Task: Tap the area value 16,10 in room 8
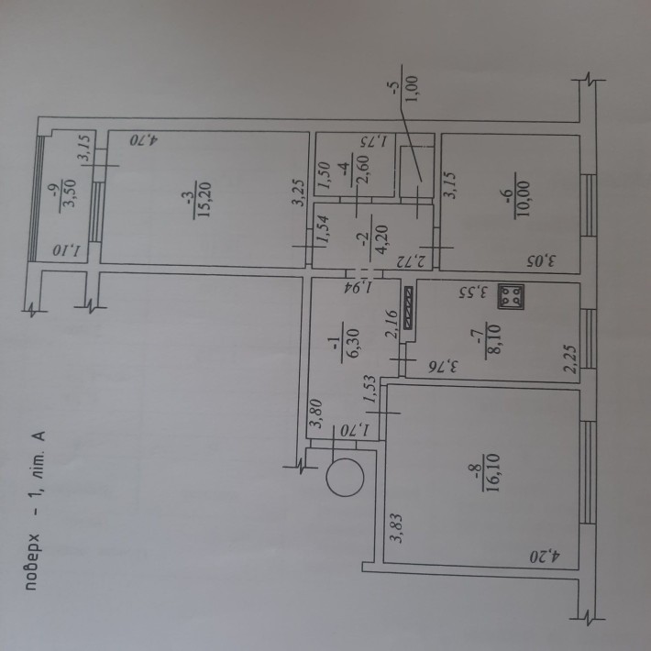(493, 472)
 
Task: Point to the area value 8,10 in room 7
(493, 338)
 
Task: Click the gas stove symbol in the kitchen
(511, 296)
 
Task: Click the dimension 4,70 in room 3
(144, 140)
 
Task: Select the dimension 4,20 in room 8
(546, 557)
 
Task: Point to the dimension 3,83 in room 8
(397, 528)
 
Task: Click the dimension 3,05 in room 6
(542, 261)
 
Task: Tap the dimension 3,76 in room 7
(445, 367)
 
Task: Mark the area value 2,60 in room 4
(363, 166)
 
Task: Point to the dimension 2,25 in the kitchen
(572, 359)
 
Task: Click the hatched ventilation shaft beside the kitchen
(409, 308)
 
